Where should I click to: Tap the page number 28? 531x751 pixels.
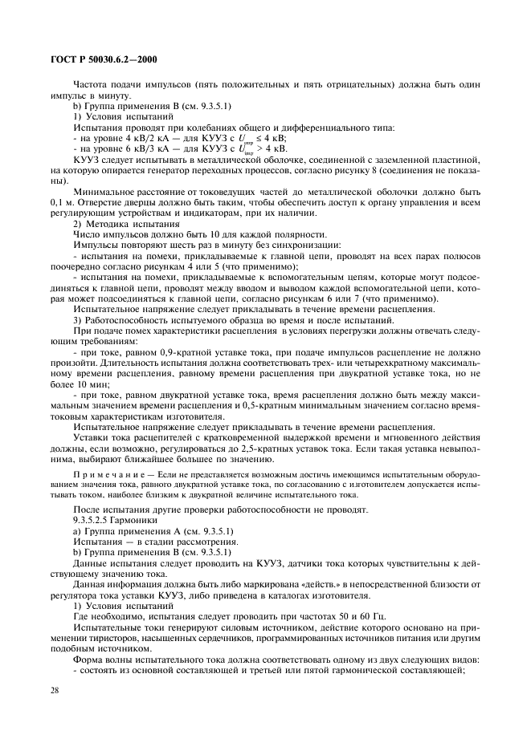tap(55, 690)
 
